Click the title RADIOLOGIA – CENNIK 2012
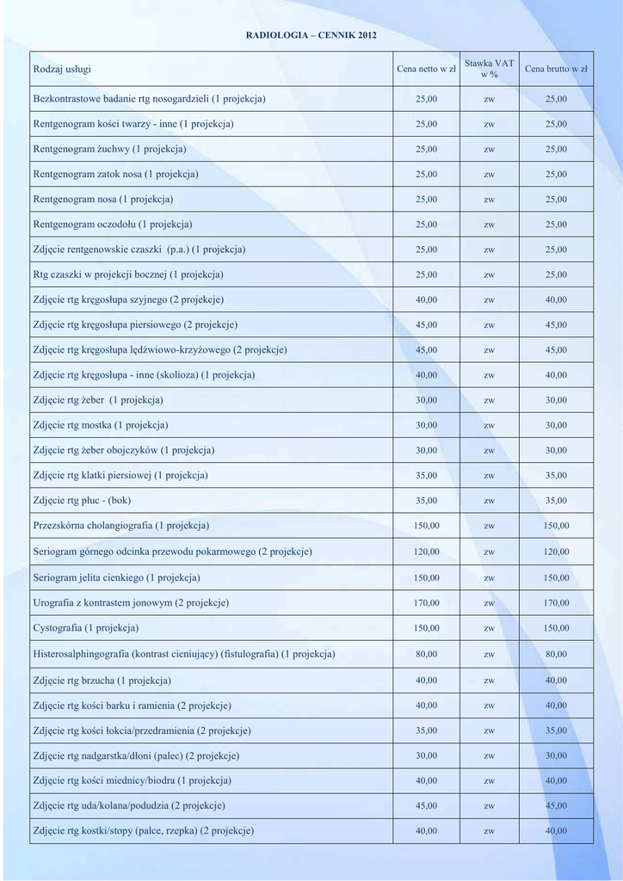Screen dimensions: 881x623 [x=311, y=35]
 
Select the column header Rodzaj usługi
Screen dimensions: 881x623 [x=62, y=69]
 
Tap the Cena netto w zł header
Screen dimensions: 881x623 [x=426, y=69]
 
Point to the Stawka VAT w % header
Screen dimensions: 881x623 [x=489, y=69]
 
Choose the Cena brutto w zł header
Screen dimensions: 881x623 [x=556, y=69]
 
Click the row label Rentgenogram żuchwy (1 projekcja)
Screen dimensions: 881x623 [x=109, y=149]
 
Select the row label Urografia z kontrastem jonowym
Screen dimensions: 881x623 [x=131, y=602]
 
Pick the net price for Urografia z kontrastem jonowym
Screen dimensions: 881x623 [x=426, y=603]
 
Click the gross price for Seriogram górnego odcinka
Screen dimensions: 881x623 [x=556, y=551]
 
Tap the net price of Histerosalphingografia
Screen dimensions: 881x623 [x=426, y=654]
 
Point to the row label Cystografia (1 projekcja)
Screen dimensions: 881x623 [x=86, y=628]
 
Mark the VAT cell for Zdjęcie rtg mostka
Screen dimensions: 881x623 [x=489, y=426]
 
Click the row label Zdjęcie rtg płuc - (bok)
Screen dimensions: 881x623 [x=82, y=500]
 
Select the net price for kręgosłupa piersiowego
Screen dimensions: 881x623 [x=426, y=325]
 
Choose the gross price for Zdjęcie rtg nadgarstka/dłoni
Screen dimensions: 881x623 [x=556, y=756]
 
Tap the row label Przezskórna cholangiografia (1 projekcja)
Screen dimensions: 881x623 [x=120, y=525]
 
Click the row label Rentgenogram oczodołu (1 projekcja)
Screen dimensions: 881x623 [x=112, y=225]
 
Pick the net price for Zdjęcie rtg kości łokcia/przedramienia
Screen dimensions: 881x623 [x=426, y=731]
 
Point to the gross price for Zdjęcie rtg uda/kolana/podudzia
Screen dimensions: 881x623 [x=556, y=806]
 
